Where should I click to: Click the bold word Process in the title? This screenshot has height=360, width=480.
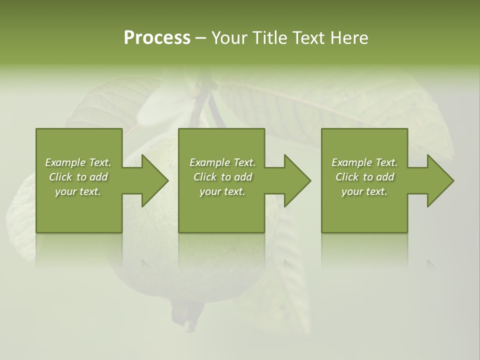(157, 38)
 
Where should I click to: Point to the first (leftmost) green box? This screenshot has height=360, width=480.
(79, 210)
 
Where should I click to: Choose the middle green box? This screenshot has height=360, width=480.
(221, 210)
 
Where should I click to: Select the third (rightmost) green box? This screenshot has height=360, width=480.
(364, 210)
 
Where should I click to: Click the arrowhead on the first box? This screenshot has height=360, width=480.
(153, 180)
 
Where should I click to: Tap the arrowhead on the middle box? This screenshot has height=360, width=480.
(295, 180)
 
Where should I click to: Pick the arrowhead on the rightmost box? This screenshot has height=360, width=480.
(438, 180)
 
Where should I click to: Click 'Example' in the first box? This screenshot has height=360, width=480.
(65, 162)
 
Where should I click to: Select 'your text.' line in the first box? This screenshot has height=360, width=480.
(78, 191)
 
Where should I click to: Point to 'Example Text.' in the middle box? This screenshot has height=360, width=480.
(222, 162)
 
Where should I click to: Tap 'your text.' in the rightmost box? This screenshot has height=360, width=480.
(364, 191)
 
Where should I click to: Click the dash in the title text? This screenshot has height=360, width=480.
(200, 38)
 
